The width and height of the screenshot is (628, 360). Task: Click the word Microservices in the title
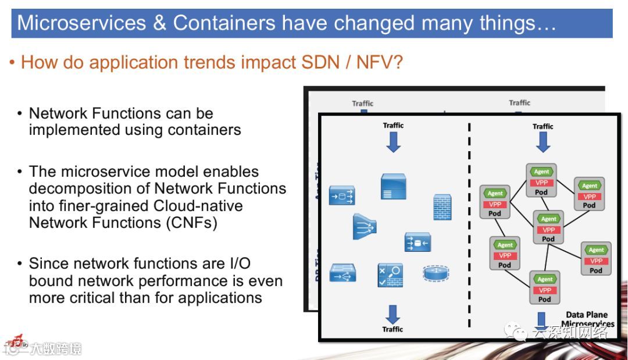pos(81,23)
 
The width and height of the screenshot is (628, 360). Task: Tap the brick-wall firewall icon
pos(442,207)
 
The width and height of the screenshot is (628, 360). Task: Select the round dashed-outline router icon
pos(437,273)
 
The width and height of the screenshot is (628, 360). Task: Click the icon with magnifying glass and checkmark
pos(390,274)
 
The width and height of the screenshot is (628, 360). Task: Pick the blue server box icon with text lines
pos(393,186)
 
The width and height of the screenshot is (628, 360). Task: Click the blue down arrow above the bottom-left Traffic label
pos(393,314)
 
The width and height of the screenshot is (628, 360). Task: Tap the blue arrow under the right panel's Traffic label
pos(543,141)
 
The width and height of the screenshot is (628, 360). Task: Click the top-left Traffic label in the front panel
pos(393,126)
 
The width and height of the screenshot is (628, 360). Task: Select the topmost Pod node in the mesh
pos(541,180)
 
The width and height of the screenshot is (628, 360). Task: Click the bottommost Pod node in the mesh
pos(545,287)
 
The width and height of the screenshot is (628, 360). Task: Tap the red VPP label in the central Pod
pos(549,230)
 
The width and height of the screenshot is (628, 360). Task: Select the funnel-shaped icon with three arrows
pos(364,227)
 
